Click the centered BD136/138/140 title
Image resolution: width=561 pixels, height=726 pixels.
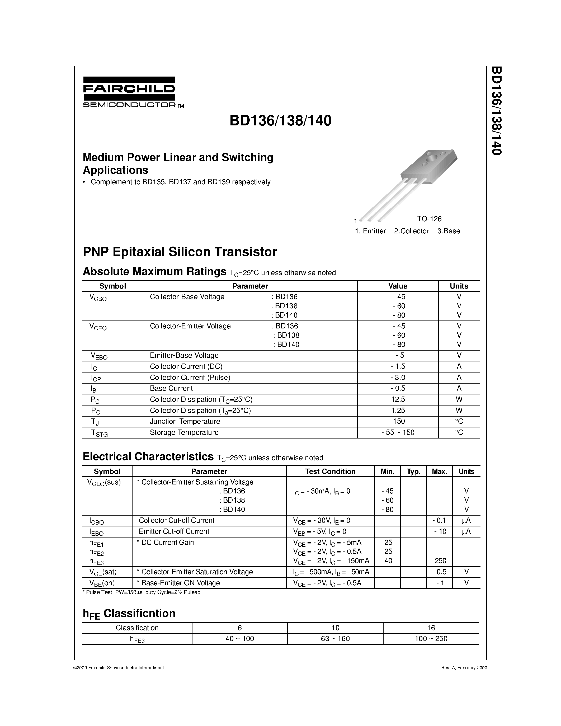coord(280,121)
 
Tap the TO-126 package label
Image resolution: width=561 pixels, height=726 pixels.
coord(429,219)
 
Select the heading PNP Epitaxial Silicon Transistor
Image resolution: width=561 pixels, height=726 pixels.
coord(180,252)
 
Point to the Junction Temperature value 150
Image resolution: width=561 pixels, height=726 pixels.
coord(398,422)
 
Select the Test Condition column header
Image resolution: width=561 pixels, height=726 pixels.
coord(330,471)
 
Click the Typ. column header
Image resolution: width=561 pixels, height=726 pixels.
coord(413,471)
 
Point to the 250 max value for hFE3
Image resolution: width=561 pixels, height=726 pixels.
coord(440,561)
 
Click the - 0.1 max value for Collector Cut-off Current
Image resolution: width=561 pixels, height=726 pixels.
coord(439,520)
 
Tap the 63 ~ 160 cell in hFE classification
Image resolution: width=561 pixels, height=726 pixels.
coord(335,639)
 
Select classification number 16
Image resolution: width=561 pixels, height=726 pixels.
coord(431,628)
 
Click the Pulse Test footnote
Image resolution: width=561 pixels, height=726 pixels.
coord(142,592)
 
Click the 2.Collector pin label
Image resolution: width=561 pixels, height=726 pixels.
coord(412,231)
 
